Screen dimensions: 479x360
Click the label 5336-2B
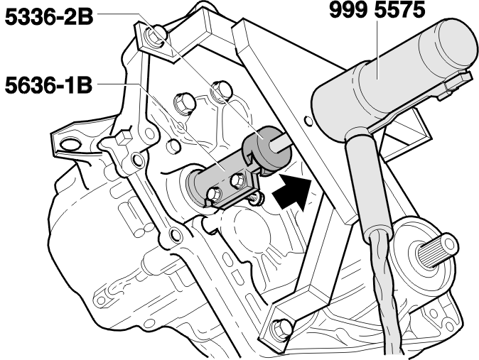coord(49,17)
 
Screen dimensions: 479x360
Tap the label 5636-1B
coord(48,85)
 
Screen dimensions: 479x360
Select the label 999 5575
coord(377,10)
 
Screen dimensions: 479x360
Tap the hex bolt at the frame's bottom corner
coord(281,327)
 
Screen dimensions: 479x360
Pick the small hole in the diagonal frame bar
coord(309,121)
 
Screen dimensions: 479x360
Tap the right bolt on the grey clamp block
coord(237,180)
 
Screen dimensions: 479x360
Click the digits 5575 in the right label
coord(400,10)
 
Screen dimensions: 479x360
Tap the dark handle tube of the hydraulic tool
coord(369,183)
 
